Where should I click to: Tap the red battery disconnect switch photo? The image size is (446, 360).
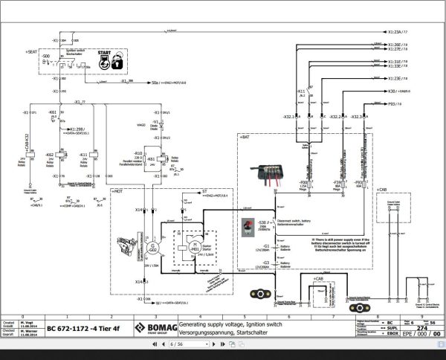tap(245, 226)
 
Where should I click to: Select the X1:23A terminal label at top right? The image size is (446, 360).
tap(398, 32)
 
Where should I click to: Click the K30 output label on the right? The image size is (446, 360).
tap(396, 91)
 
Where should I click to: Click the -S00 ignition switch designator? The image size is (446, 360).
tap(46, 56)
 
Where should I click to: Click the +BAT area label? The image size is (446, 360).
tap(243, 137)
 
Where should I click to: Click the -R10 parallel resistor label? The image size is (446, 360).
tap(138, 152)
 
